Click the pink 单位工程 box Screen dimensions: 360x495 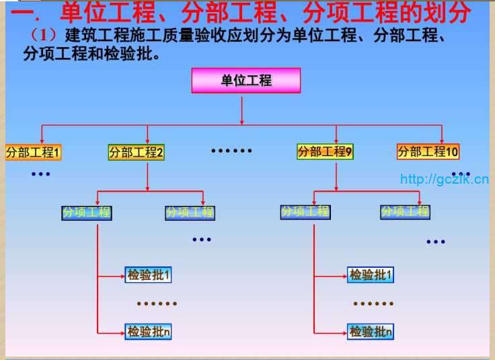pos(246,81)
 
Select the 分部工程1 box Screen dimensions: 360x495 pos(33,152)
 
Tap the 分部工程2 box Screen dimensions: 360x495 pos(137,152)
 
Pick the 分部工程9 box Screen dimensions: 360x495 pos(326,151)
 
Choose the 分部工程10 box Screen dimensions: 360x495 pos(428,151)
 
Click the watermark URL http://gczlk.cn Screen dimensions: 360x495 pos(444,178)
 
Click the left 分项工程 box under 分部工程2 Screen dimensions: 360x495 pos(87,213)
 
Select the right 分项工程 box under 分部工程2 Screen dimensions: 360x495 pos(190,213)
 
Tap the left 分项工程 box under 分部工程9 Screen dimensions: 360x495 pos(305,212)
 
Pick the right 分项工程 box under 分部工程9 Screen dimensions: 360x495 pos(405,212)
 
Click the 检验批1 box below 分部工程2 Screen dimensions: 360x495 pos(149,275)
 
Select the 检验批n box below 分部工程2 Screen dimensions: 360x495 pos(149,331)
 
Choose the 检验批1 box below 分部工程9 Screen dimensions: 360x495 pos(371,275)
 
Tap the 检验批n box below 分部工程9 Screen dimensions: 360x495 pos(371,331)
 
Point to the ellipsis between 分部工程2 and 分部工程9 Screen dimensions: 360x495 pos(231,151)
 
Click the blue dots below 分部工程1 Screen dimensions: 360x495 pos(40,174)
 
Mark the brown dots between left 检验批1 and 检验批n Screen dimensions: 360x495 pos(157,303)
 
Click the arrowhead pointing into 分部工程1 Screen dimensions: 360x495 pos(42,139)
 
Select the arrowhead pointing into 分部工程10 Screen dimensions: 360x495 pos(441,139)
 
